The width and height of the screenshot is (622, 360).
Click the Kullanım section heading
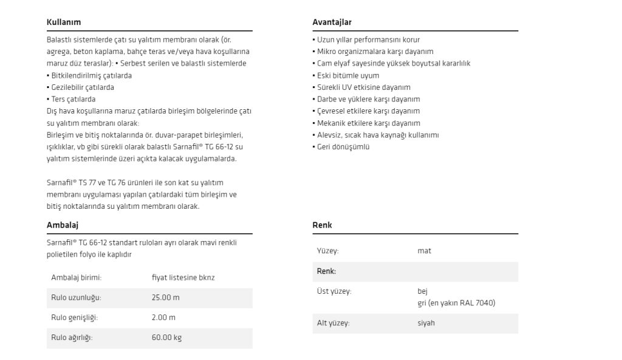64,22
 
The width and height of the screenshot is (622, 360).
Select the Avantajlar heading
332,22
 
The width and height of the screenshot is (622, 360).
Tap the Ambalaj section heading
63,225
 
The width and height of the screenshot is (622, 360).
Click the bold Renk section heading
322,225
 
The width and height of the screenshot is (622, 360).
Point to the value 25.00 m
166,298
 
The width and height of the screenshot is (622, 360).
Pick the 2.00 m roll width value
163,318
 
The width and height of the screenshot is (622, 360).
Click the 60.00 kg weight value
166,338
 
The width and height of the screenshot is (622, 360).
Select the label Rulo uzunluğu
76,298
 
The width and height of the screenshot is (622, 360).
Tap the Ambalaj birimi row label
76,278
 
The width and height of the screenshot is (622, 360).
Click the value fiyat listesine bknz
183,278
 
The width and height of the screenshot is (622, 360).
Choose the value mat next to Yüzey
424,251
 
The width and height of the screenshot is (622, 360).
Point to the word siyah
426,323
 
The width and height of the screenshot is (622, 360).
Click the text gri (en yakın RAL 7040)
456,303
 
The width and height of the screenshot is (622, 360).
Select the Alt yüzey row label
333,323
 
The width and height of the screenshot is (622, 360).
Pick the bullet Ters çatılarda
73,99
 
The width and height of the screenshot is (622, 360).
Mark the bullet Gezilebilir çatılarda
82,87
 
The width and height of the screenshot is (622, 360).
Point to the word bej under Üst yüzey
423,291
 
